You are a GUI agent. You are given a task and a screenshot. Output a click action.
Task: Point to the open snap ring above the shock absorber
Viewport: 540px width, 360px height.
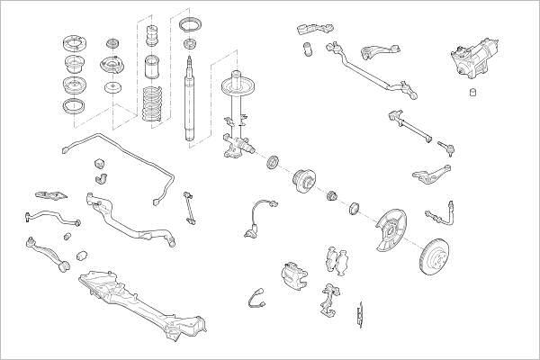(189, 23)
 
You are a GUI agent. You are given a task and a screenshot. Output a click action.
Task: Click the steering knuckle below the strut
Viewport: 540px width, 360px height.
(236, 144)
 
